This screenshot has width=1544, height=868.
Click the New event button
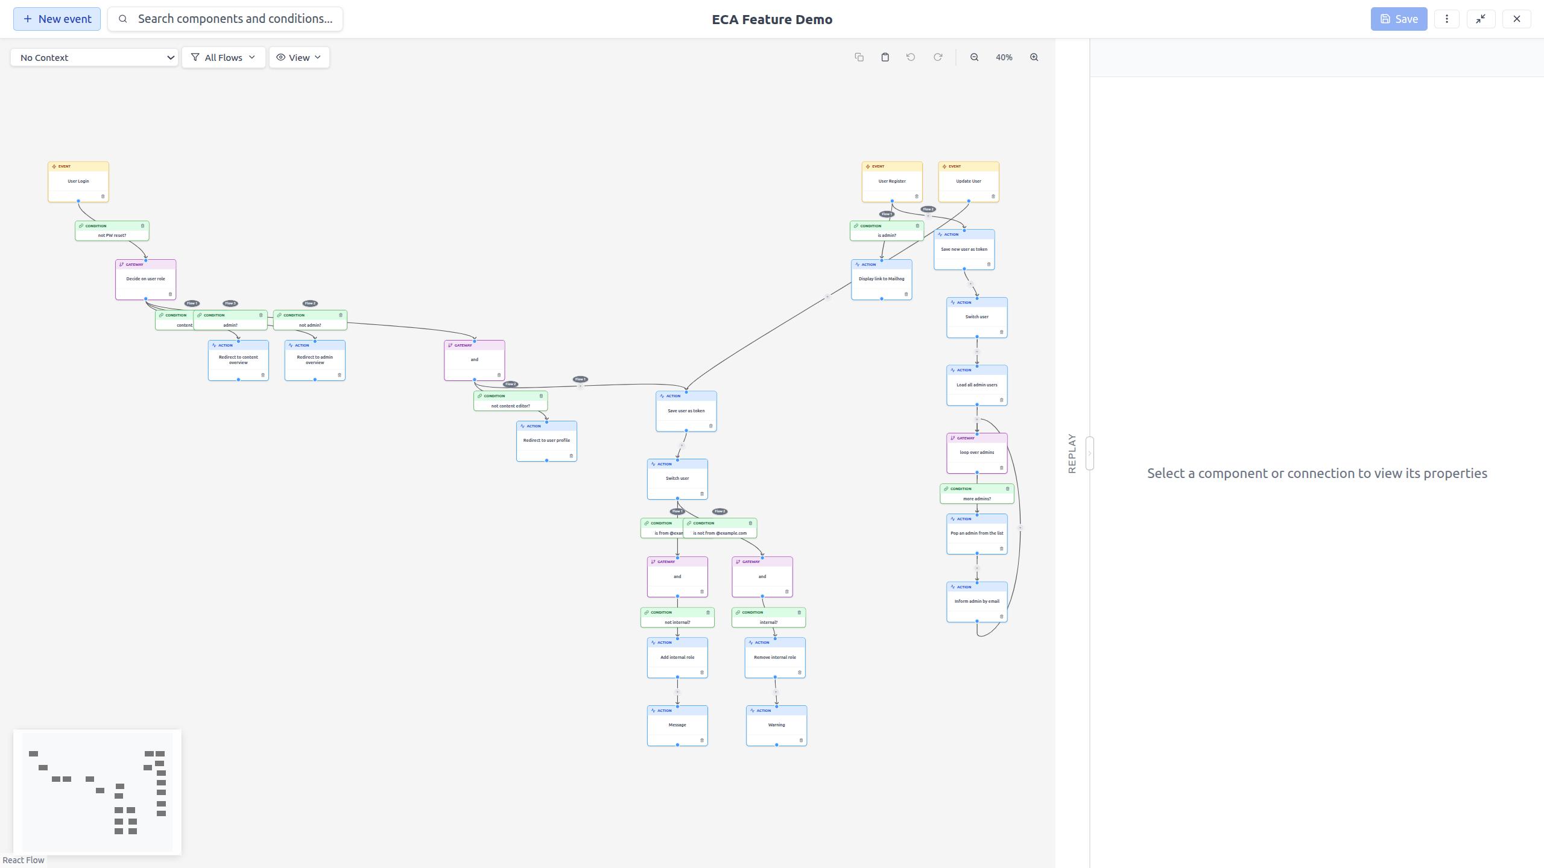click(57, 19)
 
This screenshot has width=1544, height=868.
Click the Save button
click(1398, 19)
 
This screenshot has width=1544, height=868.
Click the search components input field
click(234, 19)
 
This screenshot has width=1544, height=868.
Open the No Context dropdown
click(95, 57)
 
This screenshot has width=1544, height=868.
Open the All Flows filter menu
click(223, 57)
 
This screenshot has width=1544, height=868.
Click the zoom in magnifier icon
click(1034, 57)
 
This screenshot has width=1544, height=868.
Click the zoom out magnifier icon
click(974, 57)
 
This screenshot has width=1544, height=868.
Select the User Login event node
click(78, 181)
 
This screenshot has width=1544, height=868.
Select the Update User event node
click(968, 181)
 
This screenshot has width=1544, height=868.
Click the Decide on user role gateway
click(145, 279)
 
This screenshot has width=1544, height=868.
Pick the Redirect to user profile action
click(546, 441)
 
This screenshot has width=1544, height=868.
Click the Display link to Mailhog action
click(881, 279)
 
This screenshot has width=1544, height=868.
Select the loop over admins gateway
click(976, 453)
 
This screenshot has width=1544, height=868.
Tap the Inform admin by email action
click(976, 602)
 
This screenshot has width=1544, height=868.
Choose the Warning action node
click(776, 725)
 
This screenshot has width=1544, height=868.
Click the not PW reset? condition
click(112, 235)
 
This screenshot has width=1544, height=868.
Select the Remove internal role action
click(774, 658)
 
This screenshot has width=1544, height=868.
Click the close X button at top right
click(1516, 19)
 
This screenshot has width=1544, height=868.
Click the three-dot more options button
click(1446, 19)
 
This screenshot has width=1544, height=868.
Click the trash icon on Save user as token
click(710, 426)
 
